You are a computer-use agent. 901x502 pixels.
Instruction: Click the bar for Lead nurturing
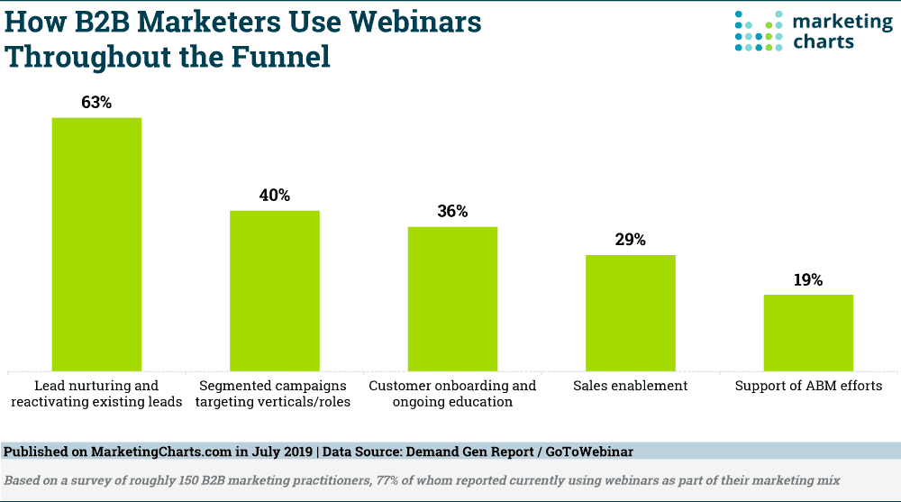[96, 243]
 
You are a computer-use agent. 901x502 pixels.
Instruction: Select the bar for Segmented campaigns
[275, 289]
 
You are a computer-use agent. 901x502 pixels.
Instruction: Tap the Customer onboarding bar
[452, 297]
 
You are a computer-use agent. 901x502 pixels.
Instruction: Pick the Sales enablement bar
[631, 312]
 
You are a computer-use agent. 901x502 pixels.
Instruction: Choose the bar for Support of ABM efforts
[808, 332]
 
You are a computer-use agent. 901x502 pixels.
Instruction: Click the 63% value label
[96, 103]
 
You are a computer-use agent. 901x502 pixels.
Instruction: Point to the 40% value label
[275, 196]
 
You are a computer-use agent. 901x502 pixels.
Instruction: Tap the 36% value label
[452, 212]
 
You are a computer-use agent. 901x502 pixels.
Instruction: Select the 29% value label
[631, 240]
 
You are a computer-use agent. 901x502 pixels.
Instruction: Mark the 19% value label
[808, 280]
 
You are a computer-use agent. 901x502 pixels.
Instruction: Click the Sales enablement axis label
[631, 386]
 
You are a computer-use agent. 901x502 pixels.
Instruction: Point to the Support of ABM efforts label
[808, 386]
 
